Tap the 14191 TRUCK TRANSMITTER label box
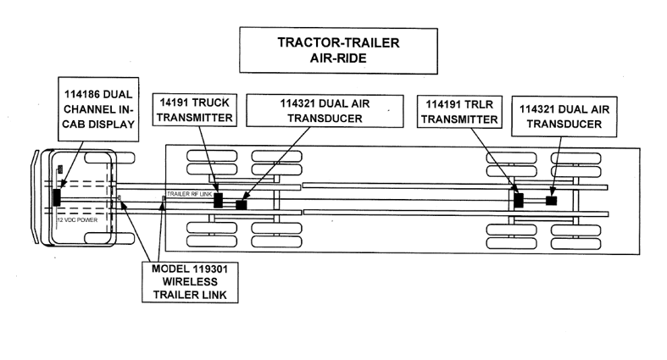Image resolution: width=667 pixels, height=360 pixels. point(194,110)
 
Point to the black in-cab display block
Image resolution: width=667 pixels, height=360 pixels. point(57,197)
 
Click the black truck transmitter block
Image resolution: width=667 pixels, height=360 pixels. point(218,201)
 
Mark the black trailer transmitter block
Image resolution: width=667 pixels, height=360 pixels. point(520,200)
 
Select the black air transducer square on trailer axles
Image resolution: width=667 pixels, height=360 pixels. point(551,201)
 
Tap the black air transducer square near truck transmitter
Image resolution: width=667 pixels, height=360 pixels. point(242,205)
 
